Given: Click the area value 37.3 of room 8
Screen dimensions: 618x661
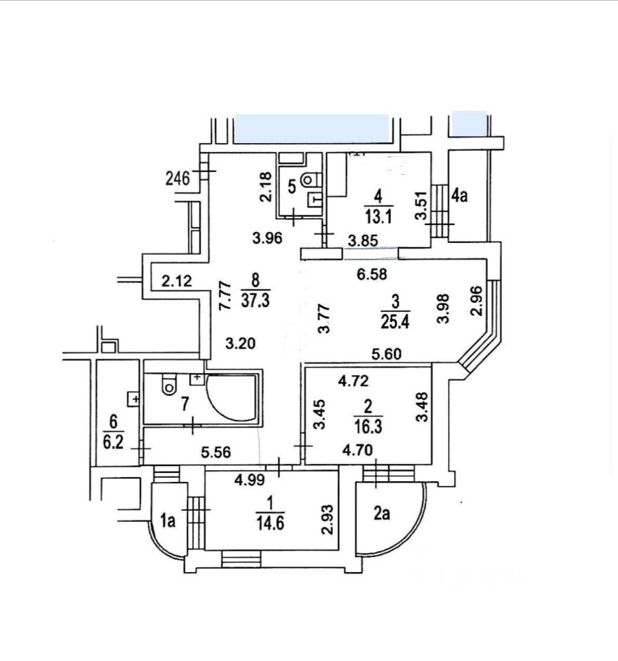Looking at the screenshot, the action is pos(255,301).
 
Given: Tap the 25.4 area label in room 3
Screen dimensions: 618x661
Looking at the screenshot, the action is pos(395,322).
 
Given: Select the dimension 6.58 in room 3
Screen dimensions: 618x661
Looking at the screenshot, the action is pos(372,275).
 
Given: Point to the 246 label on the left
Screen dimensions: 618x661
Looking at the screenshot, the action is pos(178,179).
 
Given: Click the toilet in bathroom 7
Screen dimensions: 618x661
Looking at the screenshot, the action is pos(169,384).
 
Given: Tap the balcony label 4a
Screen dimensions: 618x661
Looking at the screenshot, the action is pos(459,196).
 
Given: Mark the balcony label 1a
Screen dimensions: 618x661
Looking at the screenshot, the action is pos(168,521).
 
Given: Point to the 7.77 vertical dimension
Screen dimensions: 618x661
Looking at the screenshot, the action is pos(226,296).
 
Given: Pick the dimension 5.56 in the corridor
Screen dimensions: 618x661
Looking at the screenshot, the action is pos(216,452).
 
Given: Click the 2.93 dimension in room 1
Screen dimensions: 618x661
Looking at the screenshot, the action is pos(328,520).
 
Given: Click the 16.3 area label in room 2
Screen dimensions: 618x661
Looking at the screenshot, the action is pos(367,427).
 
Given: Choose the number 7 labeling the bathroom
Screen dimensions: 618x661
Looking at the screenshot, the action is pos(184,404).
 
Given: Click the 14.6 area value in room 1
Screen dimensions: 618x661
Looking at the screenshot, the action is pos(270,523).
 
